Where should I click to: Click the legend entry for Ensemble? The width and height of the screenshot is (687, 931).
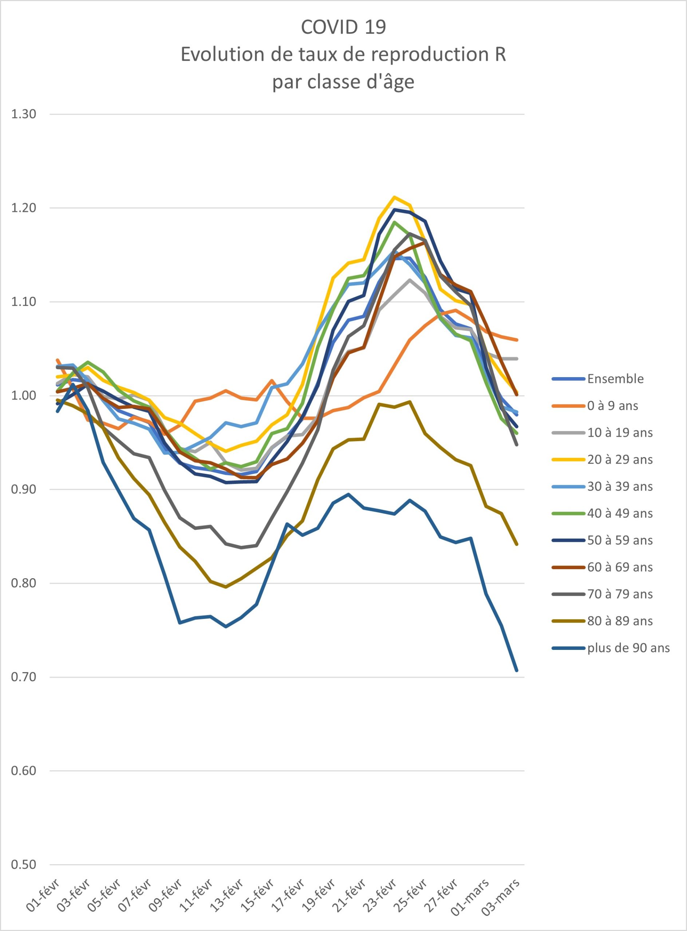click(598, 379)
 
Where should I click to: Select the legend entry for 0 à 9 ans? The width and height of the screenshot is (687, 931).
click(595, 406)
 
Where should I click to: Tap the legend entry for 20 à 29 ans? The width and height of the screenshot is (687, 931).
click(603, 459)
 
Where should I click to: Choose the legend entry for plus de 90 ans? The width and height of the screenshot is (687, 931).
click(611, 648)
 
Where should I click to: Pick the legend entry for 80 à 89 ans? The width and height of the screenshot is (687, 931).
click(603, 621)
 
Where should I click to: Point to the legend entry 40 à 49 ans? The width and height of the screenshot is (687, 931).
click(603, 514)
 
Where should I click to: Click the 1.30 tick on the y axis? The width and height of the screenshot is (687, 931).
click(24, 114)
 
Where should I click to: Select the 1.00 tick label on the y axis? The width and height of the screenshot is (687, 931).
click(24, 396)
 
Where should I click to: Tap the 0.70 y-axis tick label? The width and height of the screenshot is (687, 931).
click(24, 677)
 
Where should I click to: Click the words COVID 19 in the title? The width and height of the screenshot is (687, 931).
click(344, 27)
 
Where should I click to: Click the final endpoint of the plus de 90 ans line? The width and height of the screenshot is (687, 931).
click(517, 671)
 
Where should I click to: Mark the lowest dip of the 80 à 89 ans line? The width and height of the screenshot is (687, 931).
click(226, 587)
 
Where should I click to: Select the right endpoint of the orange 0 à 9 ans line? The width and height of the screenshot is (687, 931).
click(517, 340)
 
